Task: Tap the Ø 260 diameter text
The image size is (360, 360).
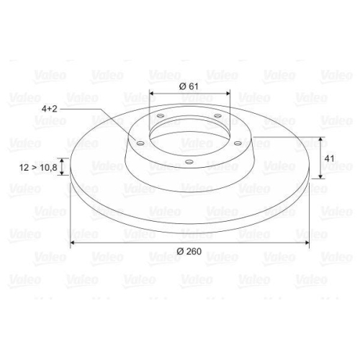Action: point(189,251)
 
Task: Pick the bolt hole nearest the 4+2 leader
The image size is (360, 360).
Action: point(141,143)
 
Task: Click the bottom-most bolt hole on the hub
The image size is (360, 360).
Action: point(187,162)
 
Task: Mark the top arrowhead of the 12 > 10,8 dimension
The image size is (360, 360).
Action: point(63,160)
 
